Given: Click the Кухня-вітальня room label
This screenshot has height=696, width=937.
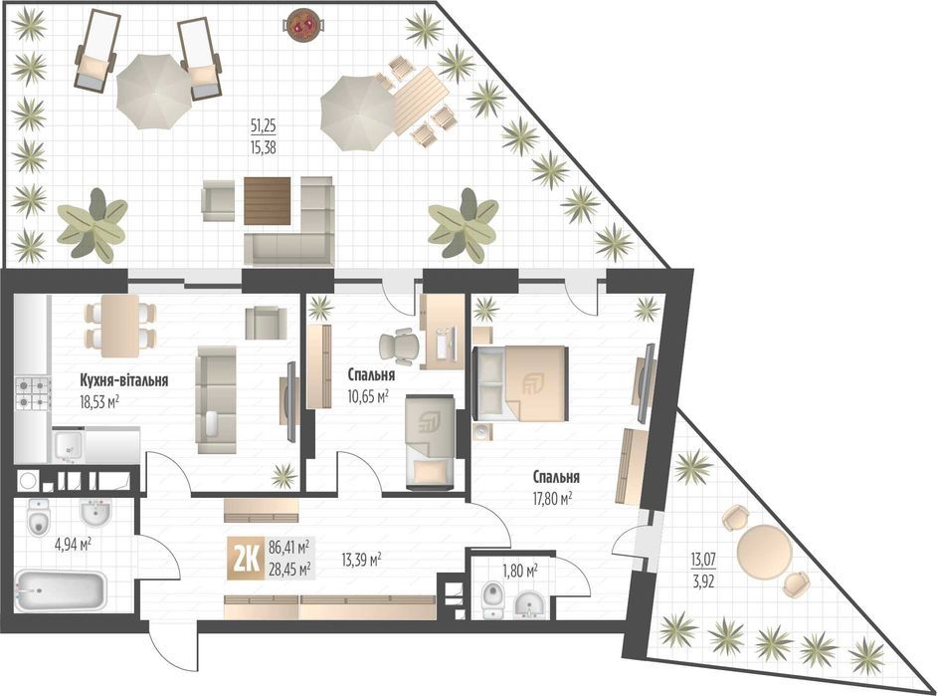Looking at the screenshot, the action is pos(123,380).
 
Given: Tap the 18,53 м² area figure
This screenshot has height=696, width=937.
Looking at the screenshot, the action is pos(99,402).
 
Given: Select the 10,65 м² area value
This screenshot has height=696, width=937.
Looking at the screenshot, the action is pos(367,395).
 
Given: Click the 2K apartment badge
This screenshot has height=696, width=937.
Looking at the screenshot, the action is pos(245,559).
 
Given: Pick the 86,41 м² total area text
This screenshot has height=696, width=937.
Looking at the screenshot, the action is pos(288,547).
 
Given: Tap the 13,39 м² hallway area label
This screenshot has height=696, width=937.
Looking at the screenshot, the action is pos(361,560).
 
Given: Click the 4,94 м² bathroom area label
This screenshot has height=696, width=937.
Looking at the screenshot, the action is pos(73,545).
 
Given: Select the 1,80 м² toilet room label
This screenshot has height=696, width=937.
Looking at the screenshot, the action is pos(519,571).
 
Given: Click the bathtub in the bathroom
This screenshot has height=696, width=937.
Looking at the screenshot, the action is pos(61,591).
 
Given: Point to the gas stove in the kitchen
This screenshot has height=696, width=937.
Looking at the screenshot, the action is pos(33,393).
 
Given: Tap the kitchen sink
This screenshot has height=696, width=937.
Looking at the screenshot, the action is pos(68,446).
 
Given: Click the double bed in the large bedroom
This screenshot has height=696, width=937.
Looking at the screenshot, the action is pos(520,382).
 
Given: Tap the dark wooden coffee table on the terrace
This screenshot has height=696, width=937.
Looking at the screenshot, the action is pos(268,201).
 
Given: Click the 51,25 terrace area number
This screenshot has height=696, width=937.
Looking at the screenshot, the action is pos(263,126).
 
